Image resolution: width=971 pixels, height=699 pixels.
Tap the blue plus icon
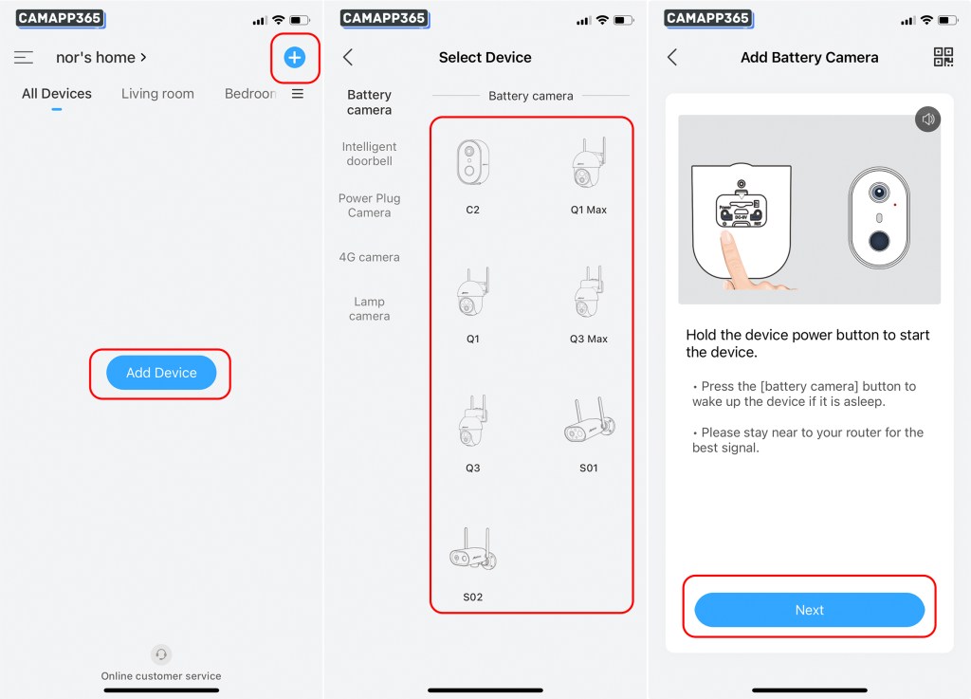[294, 58]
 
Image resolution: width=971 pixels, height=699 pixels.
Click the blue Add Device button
[161, 373]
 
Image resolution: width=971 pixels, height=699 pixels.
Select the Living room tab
[157, 94]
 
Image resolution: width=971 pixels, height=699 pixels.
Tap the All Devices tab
[56, 94]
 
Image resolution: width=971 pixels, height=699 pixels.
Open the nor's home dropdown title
[101, 58]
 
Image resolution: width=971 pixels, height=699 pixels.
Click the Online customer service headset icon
[161, 653]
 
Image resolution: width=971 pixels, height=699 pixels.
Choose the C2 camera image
[472, 162]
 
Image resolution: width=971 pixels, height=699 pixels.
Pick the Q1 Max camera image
[588, 162]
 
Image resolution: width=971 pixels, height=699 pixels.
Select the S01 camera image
[589, 421]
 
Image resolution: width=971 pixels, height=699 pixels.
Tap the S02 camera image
[473, 550]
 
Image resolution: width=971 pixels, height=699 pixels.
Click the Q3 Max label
[588, 339]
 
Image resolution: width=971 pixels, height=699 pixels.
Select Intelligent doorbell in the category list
[369, 154]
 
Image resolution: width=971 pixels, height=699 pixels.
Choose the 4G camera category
[369, 257]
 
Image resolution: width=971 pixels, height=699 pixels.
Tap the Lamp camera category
[369, 308]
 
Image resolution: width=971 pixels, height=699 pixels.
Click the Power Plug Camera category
[369, 205]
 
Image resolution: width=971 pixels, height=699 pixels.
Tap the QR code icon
[943, 57]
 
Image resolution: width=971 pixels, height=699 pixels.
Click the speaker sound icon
[927, 119]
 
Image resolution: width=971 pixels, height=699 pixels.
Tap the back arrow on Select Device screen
[348, 58]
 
